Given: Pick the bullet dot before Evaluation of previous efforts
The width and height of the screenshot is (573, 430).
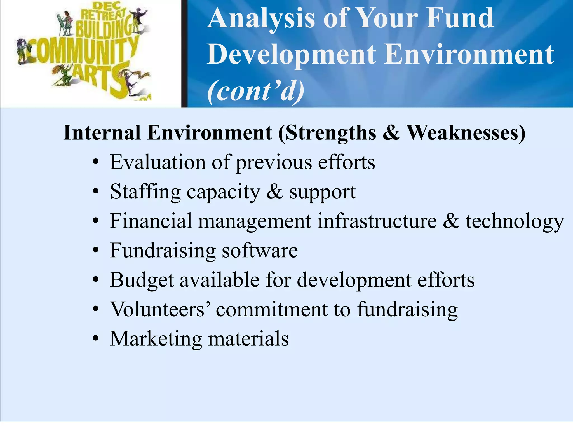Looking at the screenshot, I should pos(96,162).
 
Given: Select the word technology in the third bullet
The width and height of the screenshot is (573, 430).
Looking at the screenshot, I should pos(515,221).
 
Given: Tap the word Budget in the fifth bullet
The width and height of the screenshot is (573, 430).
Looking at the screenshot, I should pos(142,280).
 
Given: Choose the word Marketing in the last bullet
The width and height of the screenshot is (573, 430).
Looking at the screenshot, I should pos(156,339).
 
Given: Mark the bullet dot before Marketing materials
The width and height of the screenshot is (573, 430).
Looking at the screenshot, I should pos(96,339).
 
